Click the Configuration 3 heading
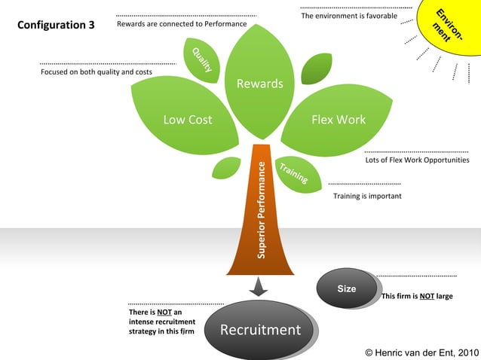(56, 25)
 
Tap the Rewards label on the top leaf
(260, 84)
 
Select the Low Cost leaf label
(188, 120)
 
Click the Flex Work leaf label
(339, 120)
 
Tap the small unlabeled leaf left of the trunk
(225, 167)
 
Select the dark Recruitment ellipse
(260, 330)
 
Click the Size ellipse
(347, 288)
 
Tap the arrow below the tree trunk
(259, 287)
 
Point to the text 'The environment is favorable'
(343, 16)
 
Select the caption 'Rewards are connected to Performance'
(182, 24)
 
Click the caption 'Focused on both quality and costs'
(96, 72)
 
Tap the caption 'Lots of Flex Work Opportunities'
(417, 160)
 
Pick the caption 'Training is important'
(367, 196)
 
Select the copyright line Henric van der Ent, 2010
(421, 352)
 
